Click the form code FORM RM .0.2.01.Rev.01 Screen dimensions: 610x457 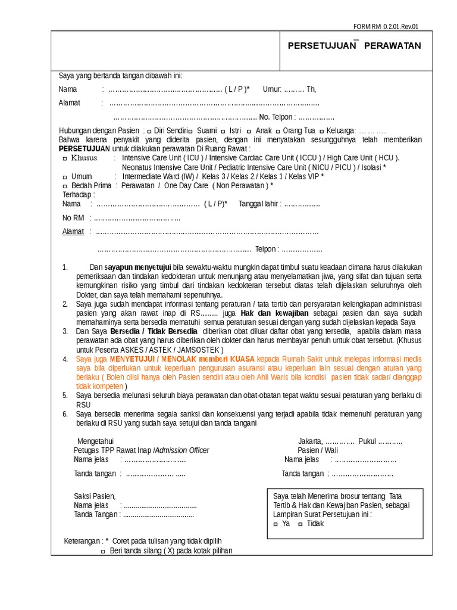click(386, 26)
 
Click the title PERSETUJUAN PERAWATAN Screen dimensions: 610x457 click(354, 46)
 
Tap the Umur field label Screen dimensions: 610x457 click(271, 89)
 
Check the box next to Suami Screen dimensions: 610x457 click(190, 131)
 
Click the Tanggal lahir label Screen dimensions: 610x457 click(259, 204)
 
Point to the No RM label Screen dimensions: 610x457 click(73, 218)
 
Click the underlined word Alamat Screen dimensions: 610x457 click(73, 232)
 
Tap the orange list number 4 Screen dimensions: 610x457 click(65, 360)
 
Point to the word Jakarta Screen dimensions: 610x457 click(309, 441)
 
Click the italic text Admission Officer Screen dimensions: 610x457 click(182, 450)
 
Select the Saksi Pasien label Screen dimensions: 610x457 click(95, 496)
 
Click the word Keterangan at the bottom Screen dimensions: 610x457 click(83, 541)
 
